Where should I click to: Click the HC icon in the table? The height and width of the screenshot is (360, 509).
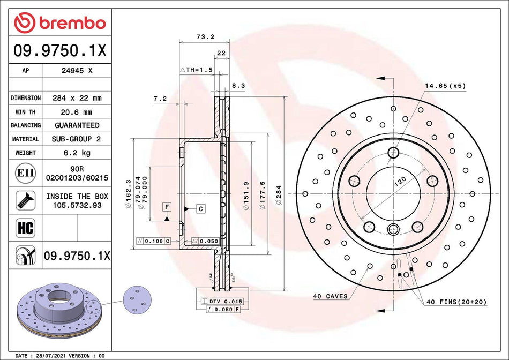click(26, 227)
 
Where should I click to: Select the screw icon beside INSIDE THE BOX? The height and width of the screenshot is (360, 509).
click(26, 200)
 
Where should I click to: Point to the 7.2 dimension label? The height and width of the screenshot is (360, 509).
click(160, 99)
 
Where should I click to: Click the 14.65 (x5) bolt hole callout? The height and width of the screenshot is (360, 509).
click(445, 85)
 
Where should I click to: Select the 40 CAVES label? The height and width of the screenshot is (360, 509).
click(330, 296)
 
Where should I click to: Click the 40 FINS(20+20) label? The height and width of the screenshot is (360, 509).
click(456, 302)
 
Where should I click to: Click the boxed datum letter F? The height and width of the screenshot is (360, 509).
click(167, 206)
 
